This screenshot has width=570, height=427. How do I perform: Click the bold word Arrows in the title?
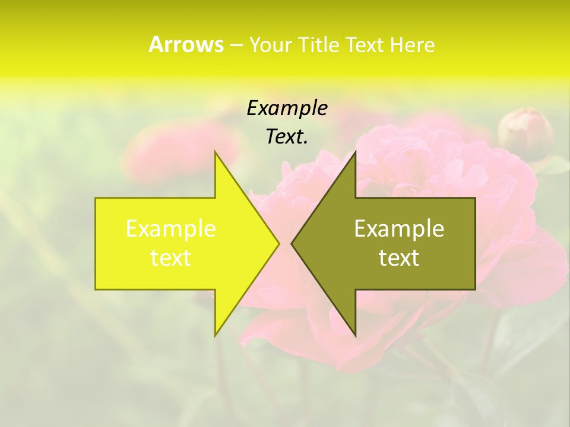tap(186, 44)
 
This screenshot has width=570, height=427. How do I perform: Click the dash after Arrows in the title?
tap(236, 45)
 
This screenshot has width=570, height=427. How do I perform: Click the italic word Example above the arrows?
tap(287, 108)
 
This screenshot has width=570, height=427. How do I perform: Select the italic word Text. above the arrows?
tap(287, 136)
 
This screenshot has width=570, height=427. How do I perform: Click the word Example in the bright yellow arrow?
tap(170, 229)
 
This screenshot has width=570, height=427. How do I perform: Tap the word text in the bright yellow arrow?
tap(170, 258)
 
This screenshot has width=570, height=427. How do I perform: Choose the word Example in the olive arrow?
tap(399, 229)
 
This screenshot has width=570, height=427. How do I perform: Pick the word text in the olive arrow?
tap(399, 258)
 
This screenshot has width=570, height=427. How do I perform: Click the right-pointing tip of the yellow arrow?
tap(278, 243)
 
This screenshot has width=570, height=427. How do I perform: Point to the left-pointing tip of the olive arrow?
tap(292, 243)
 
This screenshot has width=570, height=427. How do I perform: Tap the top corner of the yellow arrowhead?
tap(216, 154)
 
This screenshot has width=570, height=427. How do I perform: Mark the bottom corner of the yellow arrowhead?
tap(216, 334)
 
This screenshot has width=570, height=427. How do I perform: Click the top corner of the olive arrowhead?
tap(354, 154)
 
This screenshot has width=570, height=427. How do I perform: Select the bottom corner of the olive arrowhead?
tap(354, 334)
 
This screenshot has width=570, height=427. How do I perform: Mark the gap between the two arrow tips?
tap(285, 243)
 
